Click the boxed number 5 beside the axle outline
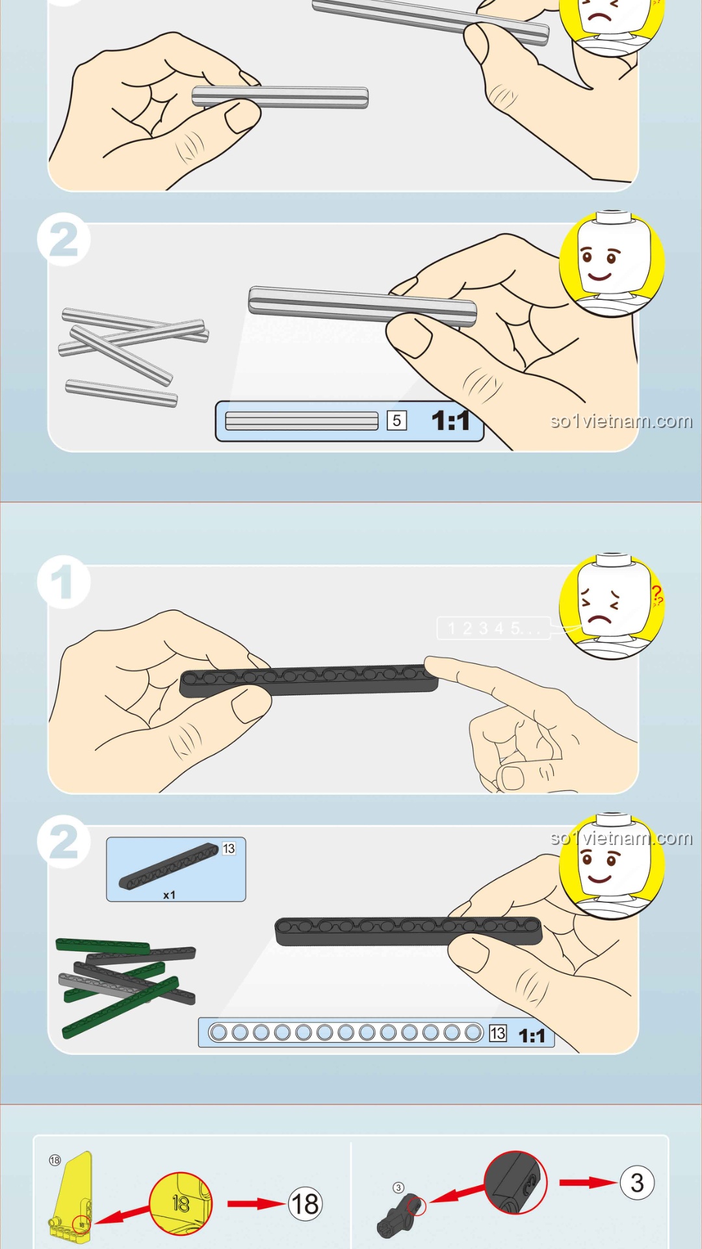tap(396, 420)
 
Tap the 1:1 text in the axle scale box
tap(450, 421)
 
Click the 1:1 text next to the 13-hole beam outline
tap(532, 1036)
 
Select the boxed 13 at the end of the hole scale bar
tap(498, 1033)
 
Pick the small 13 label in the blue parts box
tap(229, 848)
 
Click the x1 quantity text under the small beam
tap(169, 895)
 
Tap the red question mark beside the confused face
tap(657, 595)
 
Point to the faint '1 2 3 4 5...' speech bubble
tap(494, 628)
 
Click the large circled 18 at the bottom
tap(305, 1203)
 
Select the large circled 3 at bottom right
tap(637, 1183)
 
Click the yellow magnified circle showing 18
tap(181, 1203)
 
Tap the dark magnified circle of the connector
tap(515, 1182)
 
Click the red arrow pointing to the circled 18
tap(256, 1204)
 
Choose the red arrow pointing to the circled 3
tap(588, 1182)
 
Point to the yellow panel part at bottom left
tap(71, 1198)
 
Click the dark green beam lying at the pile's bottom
tap(120, 1007)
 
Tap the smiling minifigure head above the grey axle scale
tap(612, 263)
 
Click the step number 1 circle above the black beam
tap(63, 582)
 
